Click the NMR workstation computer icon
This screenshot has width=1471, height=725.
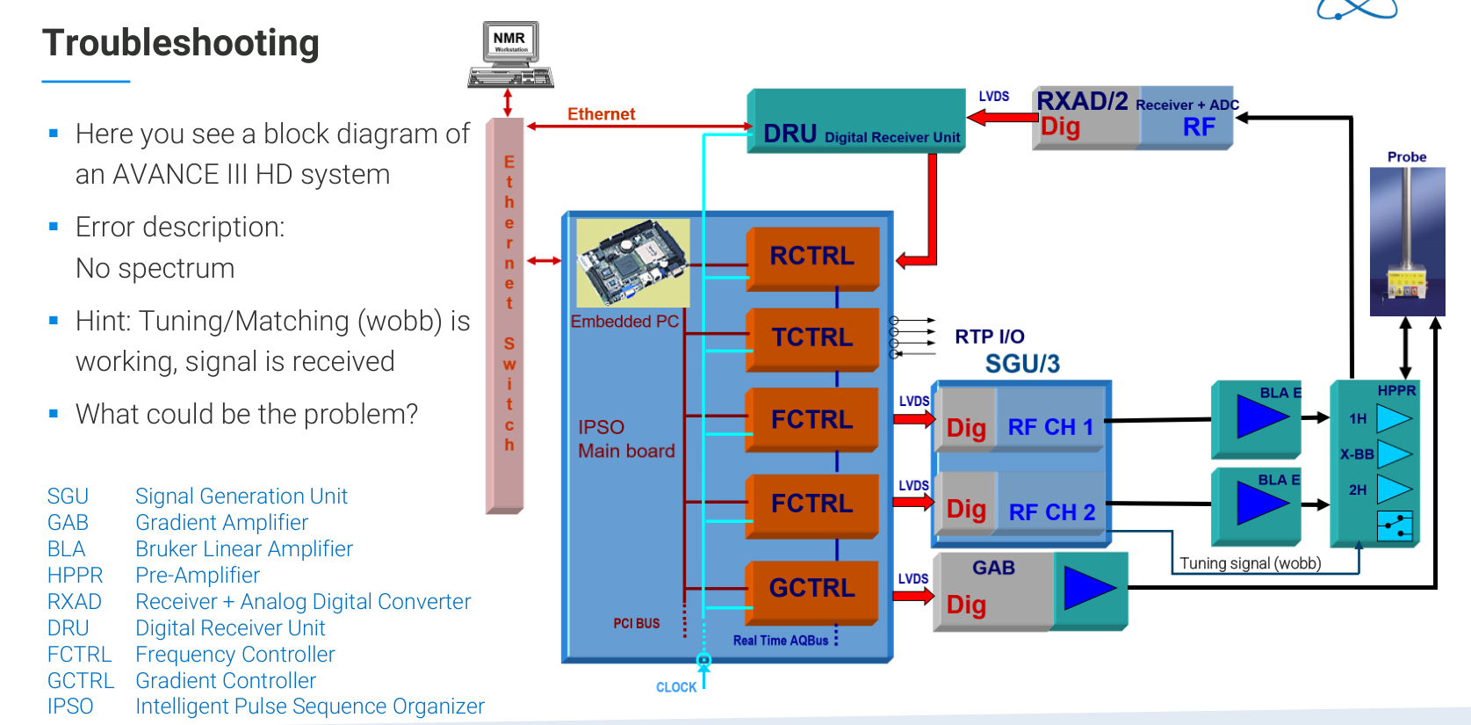point(510,54)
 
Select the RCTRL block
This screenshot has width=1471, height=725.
point(812,257)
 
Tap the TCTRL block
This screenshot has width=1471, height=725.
point(812,337)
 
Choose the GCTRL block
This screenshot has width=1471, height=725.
point(812,589)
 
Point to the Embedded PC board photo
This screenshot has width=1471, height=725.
point(632,263)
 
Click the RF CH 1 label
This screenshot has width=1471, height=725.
point(1050,427)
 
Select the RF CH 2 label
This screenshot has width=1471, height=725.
point(1052,512)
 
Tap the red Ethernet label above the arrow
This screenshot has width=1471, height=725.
point(601,114)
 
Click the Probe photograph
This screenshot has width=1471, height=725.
point(1407,241)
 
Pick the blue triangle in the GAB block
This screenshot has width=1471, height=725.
point(1089,588)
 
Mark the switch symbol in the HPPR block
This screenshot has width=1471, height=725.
point(1394,526)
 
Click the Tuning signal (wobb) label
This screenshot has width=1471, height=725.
point(1250,563)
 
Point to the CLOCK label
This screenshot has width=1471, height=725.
point(676,687)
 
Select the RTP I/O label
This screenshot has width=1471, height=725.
point(990,337)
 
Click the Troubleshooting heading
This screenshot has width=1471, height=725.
point(181,43)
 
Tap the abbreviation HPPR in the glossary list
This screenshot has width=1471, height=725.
point(75,576)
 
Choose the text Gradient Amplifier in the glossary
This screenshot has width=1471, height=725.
point(221,523)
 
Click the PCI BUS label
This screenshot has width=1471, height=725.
point(636,623)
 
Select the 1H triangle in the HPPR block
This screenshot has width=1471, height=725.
point(1393,418)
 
